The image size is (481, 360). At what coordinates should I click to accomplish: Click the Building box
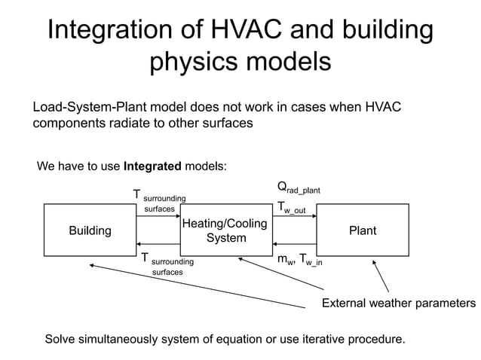click(x=90, y=230)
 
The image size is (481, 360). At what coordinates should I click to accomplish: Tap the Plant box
click(x=362, y=230)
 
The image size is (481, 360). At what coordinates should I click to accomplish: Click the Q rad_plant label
click(x=299, y=188)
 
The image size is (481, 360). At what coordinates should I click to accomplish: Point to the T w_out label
click(x=291, y=207)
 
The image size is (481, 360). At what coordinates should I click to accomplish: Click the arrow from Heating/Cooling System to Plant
click(x=293, y=217)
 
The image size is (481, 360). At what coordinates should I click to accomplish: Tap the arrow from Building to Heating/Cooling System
click(x=157, y=217)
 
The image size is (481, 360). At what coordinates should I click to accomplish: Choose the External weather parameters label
click(x=399, y=304)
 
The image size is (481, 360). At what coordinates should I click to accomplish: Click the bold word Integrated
click(x=153, y=166)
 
